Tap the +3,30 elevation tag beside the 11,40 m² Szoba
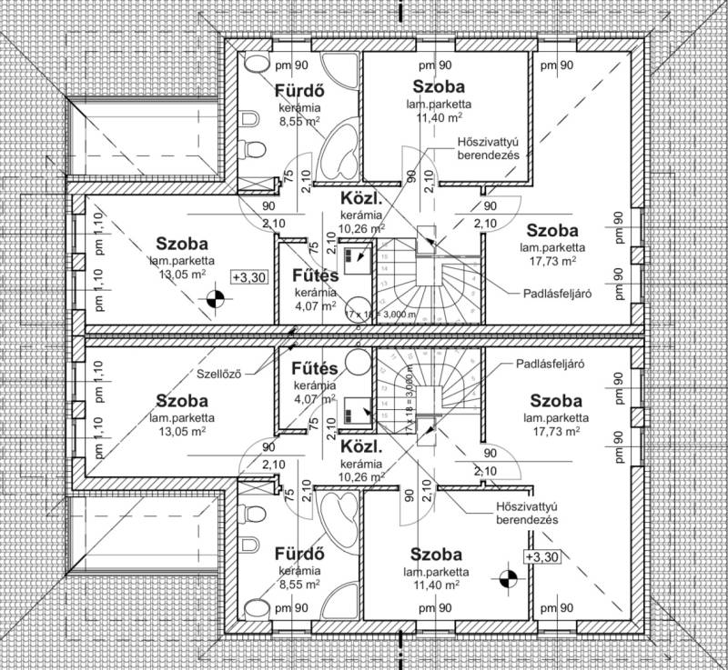click(542, 555)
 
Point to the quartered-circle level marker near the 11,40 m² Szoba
click(509, 576)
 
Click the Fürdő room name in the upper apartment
click(300, 91)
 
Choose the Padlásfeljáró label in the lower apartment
click(549, 363)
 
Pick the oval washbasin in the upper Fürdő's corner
click(258, 62)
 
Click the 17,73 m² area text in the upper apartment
click(552, 260)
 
